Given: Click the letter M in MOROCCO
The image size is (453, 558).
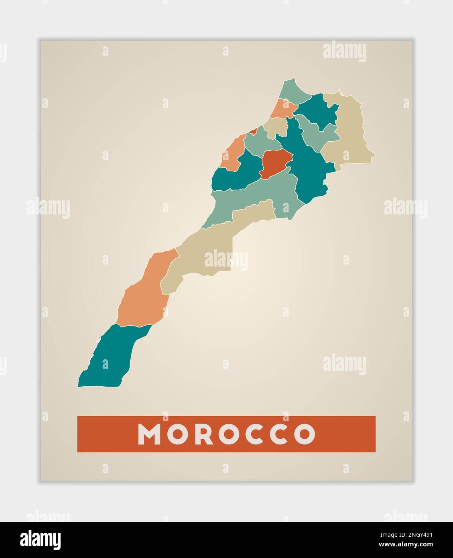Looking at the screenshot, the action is click(150, 434).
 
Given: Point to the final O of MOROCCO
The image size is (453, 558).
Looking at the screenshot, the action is click(305, 434).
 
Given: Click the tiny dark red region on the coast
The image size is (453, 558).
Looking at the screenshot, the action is click(253, 131).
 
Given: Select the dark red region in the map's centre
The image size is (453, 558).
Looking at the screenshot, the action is click(275, 163).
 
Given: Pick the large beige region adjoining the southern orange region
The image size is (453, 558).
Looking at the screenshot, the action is click(201, 257).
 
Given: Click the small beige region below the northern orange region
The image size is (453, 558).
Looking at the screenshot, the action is click(276, 126).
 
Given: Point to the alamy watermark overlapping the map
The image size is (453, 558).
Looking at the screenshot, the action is click(226, 260).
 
